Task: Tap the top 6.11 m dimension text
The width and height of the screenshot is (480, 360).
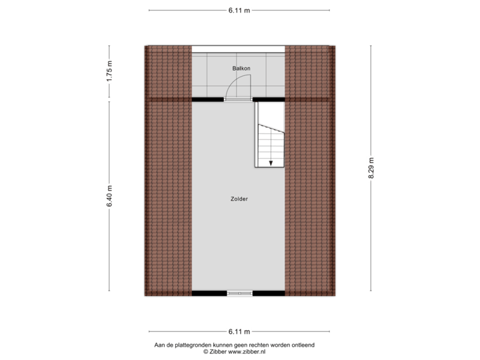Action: (x=239, y=10)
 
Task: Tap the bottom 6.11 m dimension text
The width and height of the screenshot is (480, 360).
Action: (x=239, y=331)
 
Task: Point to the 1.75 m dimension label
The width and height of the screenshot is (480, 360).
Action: (x=109, y=72)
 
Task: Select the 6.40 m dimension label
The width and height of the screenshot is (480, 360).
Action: (x=109, y=195)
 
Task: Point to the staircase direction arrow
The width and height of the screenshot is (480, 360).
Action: (x=271, y=161)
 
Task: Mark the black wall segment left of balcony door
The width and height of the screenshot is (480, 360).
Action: (x=207, y=99)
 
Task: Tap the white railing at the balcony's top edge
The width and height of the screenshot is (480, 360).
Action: (x=238, y=48)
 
